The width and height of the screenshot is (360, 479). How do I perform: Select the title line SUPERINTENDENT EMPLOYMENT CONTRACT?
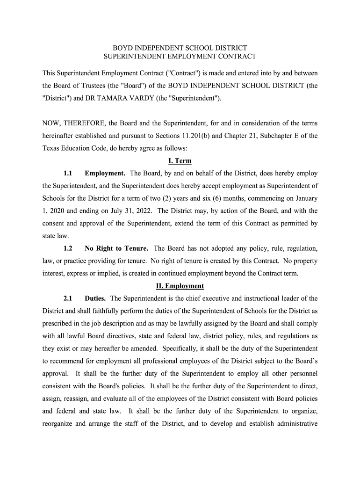tap(180, 56)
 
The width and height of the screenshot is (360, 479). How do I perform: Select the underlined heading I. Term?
tap(180, 161)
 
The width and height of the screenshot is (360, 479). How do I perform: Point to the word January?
tap(305, 198)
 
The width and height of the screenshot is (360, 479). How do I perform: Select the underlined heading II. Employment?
tap(180, 286)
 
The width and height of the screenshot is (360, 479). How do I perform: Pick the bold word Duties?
tap(95, 298)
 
